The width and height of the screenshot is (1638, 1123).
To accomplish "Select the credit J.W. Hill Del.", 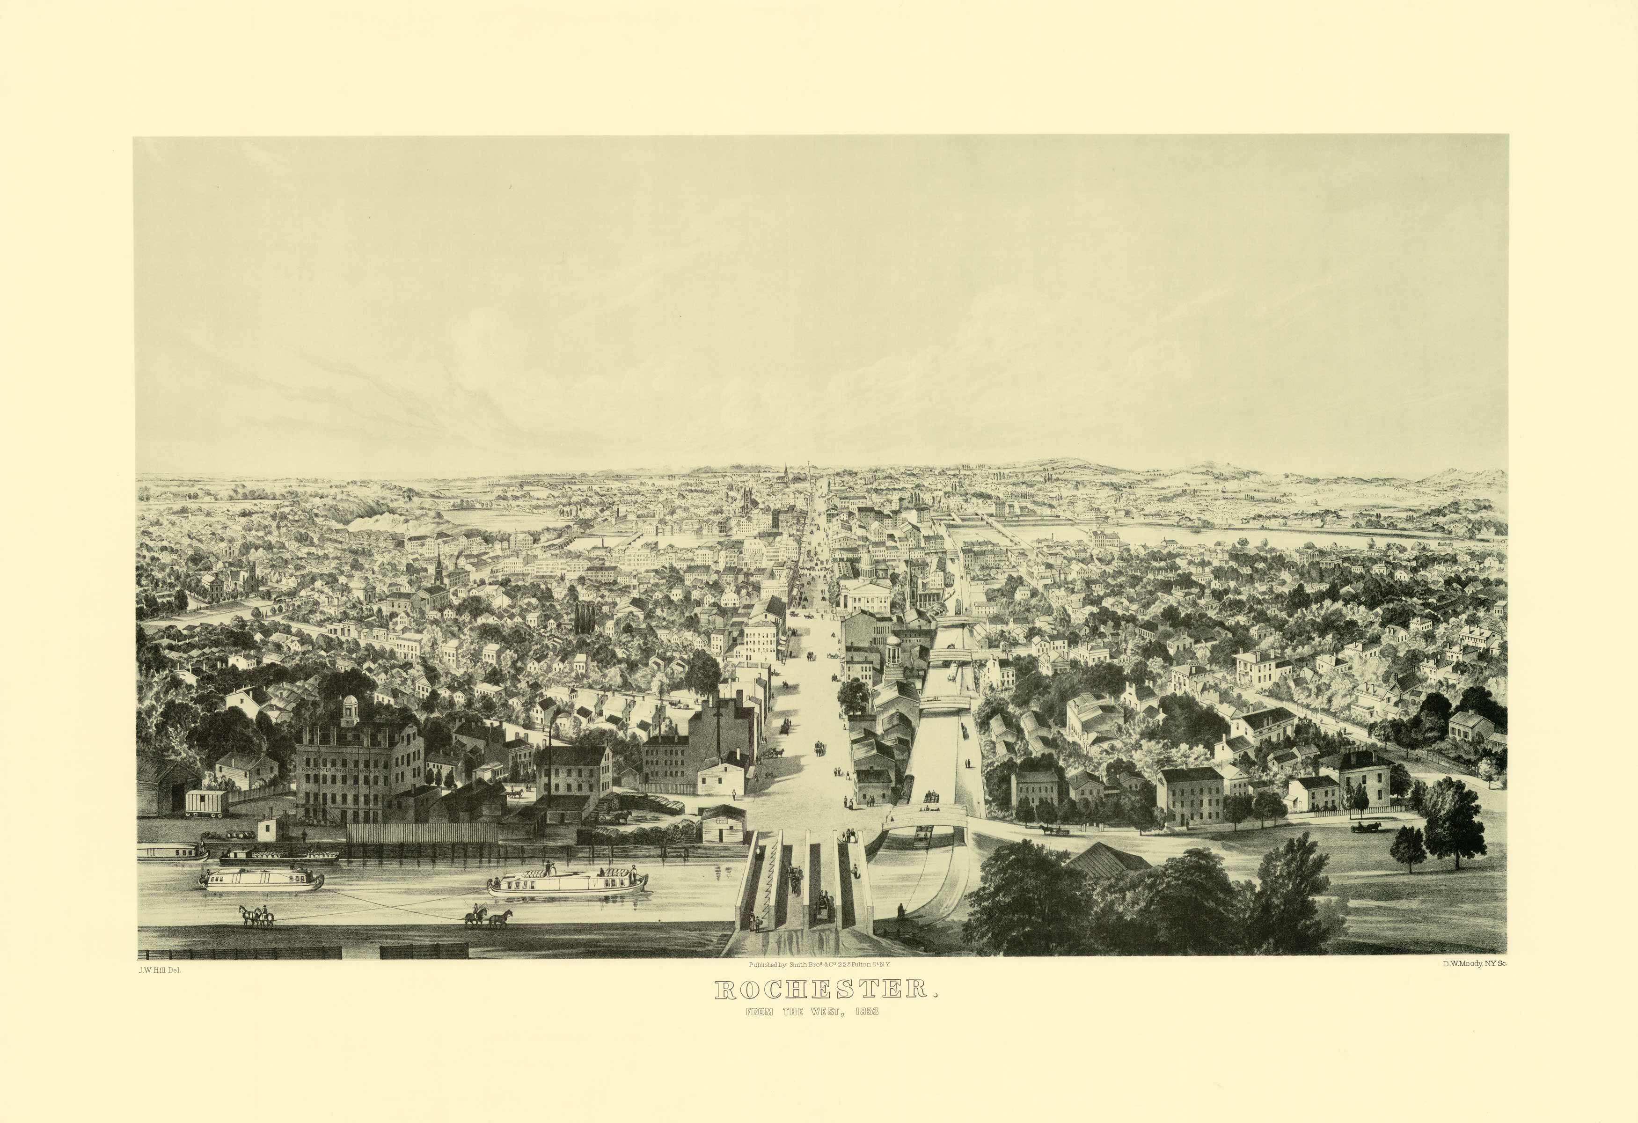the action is coord(160,970).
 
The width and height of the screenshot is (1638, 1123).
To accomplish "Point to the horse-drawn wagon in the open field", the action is coord(1365,827).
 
